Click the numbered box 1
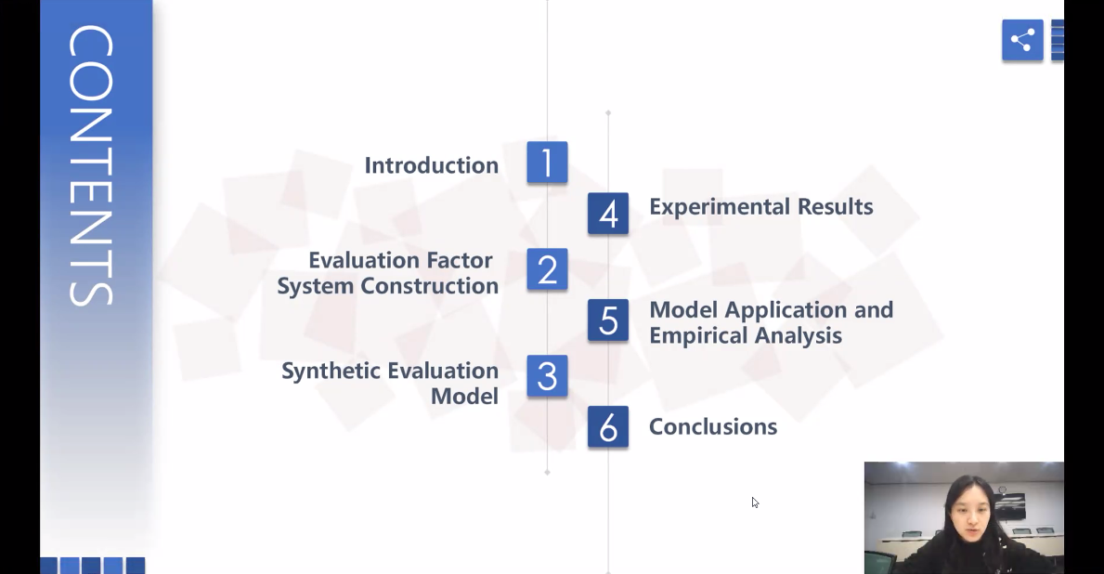[x=547, y=163]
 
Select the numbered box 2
[x=547, y=269]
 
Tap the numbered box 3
[x=547, y=376]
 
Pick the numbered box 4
[x=608, y=214]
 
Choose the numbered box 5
[x=608, y=320]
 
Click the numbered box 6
[x=608, y=427]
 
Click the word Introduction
[x=432, y=165]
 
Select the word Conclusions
[x=713, y=427]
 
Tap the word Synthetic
[x=331, y=372]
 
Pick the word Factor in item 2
[x=460, y=261]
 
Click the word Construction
[x=430, y=286]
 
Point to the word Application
[x=786, y=310]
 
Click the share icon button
[x=1022, y=39]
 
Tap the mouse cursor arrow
[x=755, y=502]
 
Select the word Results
[x=835, y=207]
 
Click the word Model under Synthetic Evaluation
[x=464, y=397]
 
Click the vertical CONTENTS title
[x=91, y=165]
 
